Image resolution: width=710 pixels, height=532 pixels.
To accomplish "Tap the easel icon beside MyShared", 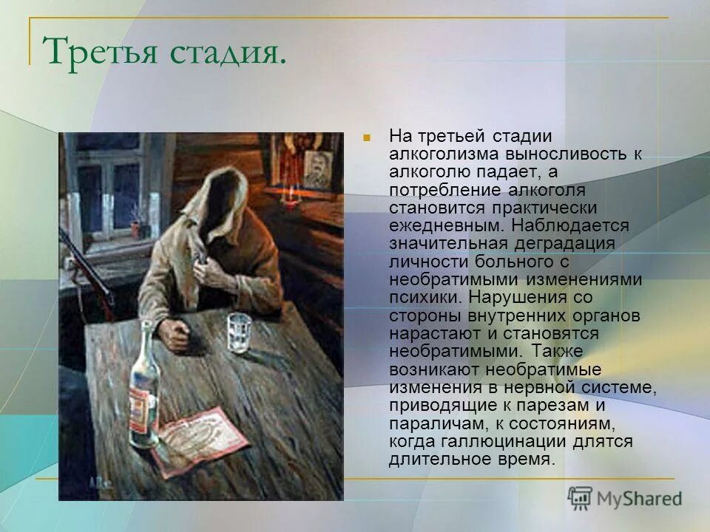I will (x=581, y=498).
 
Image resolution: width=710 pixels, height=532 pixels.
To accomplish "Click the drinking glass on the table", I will (x=239, y=332).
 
